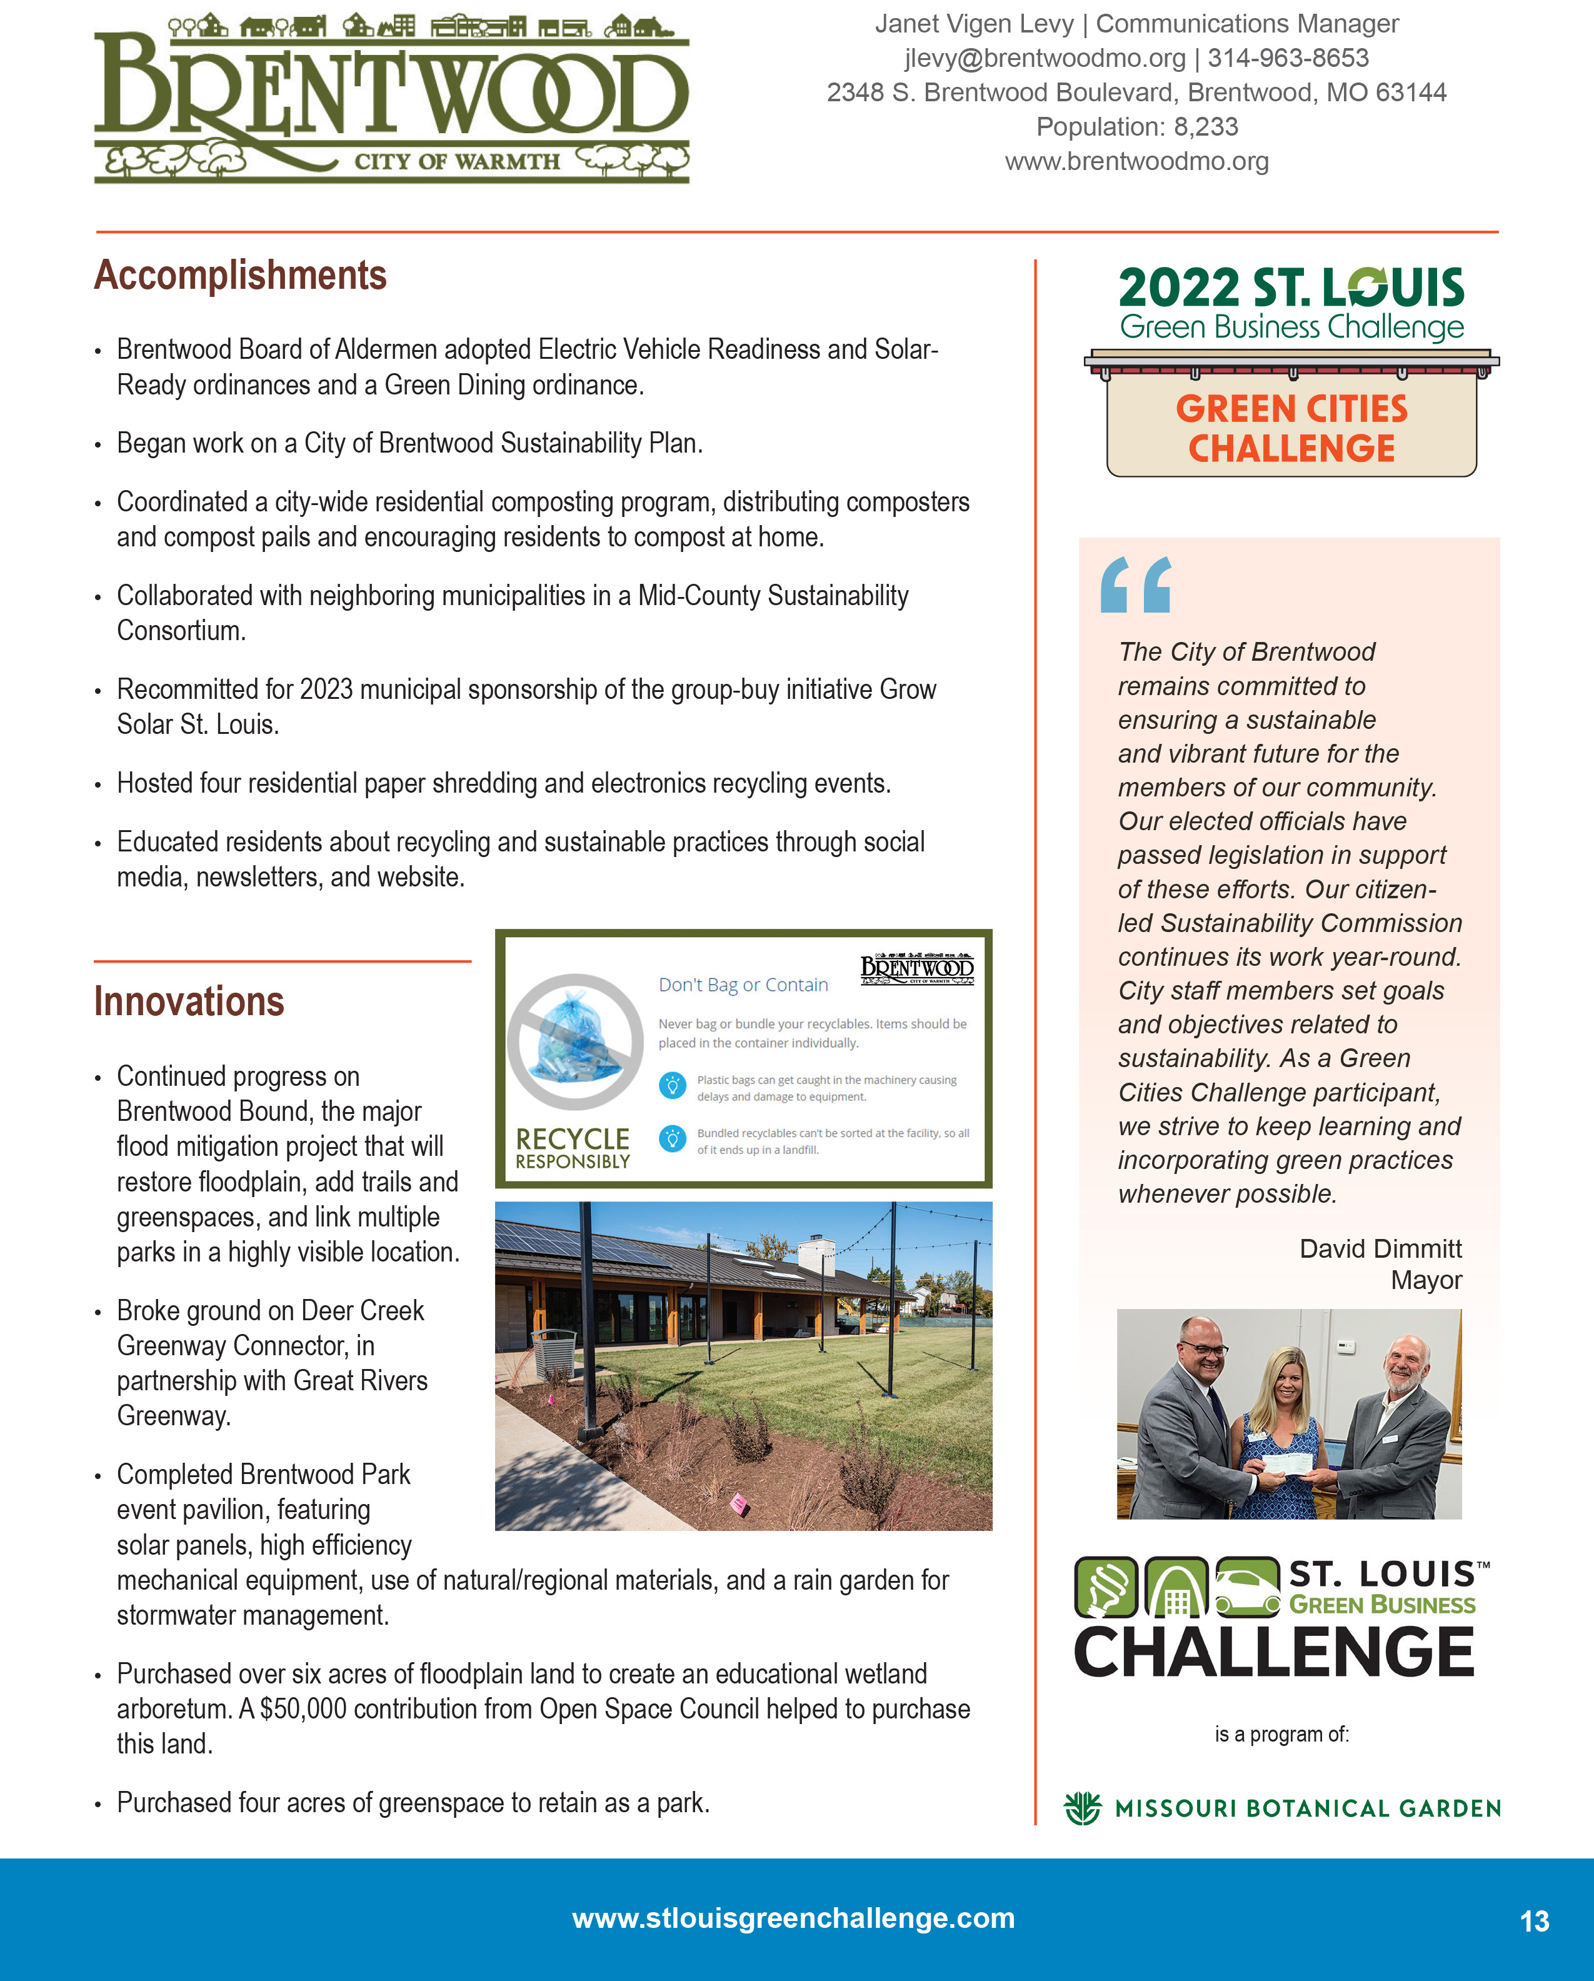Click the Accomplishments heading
(x=240, y=276)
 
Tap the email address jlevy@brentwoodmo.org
(x=1045, y=58)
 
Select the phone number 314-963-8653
(x=1288, y=58)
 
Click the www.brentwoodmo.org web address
(x=1136, y=162)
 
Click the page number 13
(x=1534, y=1921)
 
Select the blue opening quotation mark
(x=1136, y=584)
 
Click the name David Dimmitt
(x=1380, y=1249)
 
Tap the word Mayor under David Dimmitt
(x=1426, y=1280)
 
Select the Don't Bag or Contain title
(x=743, y=985)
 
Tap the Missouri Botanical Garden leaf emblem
(x=1082, y=1808)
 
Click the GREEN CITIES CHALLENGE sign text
(x=1291, y=428)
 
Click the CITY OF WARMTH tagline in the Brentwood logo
(x=456, y=162)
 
